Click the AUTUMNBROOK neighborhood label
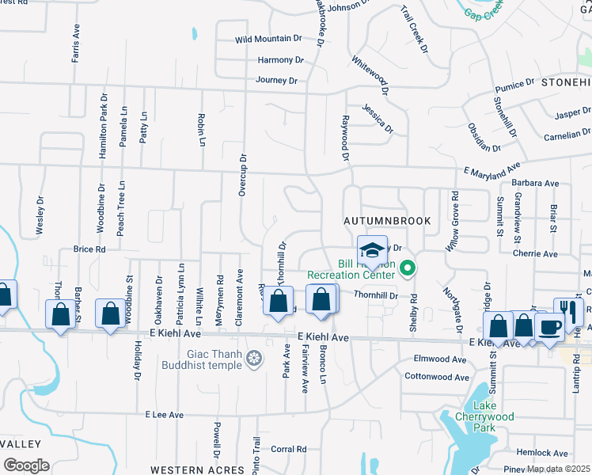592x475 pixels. click(x=386, y=221)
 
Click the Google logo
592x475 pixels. click(x=26, y=465)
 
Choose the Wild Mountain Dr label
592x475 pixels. click(x=269, y=38)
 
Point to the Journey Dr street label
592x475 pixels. click(x=276, y=80)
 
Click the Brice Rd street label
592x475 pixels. click(x=89, y=249)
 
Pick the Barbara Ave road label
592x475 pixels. click(x=535, y=183)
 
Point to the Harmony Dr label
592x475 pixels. click(x=280, y=59)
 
